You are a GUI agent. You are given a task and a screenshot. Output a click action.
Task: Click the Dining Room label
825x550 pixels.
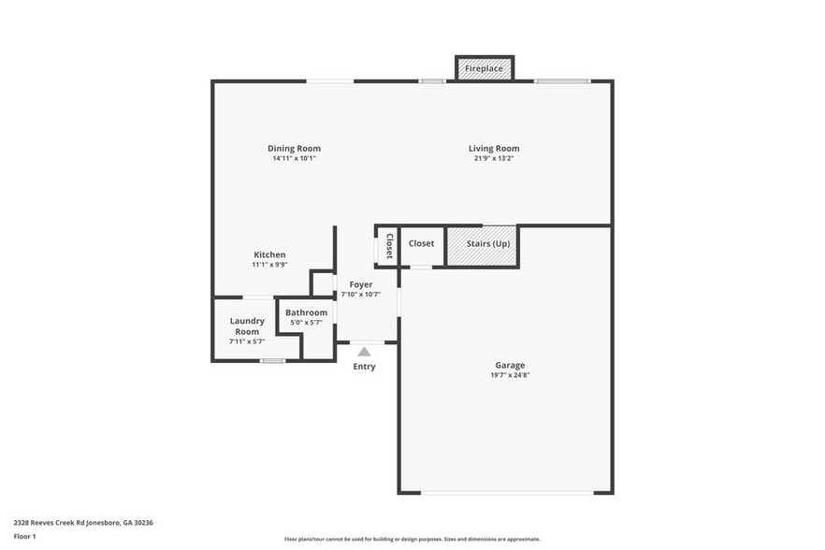point(294,149)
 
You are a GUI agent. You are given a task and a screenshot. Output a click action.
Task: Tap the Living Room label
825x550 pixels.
point(494,149)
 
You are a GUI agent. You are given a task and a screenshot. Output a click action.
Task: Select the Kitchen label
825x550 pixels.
point(269,255)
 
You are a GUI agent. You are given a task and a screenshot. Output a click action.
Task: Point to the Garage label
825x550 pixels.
point(510,365)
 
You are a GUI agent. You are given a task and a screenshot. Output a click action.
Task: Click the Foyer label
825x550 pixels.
point(361,284)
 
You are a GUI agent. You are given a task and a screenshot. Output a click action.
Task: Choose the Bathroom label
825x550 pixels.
point(307,312)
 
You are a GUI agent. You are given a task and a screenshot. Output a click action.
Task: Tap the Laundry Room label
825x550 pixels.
point(247,326)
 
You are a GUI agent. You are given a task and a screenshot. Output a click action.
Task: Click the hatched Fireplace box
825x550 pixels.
point(485,69)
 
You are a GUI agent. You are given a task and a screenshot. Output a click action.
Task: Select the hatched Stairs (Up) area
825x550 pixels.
point(482,244)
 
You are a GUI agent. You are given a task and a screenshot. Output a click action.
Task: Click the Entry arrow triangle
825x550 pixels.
point(364,352)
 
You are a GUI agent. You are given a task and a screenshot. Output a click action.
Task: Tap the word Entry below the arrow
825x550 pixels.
point(364,367)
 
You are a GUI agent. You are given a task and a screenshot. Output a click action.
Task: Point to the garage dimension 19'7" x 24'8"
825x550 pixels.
point(510,375)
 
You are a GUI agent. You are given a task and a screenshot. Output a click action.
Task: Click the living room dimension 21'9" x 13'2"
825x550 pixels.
point(494,159)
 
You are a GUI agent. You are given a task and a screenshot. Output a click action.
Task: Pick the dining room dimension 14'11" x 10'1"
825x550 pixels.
point(294,159)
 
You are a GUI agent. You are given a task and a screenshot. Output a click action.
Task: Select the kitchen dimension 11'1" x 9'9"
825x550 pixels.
point(269,266)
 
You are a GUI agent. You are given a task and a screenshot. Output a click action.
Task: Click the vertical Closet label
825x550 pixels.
point(389,245)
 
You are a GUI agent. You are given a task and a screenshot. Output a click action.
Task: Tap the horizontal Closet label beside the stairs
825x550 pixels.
point(421,244)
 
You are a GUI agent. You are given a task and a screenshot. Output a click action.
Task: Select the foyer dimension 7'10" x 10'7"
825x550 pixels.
point(361,295)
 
